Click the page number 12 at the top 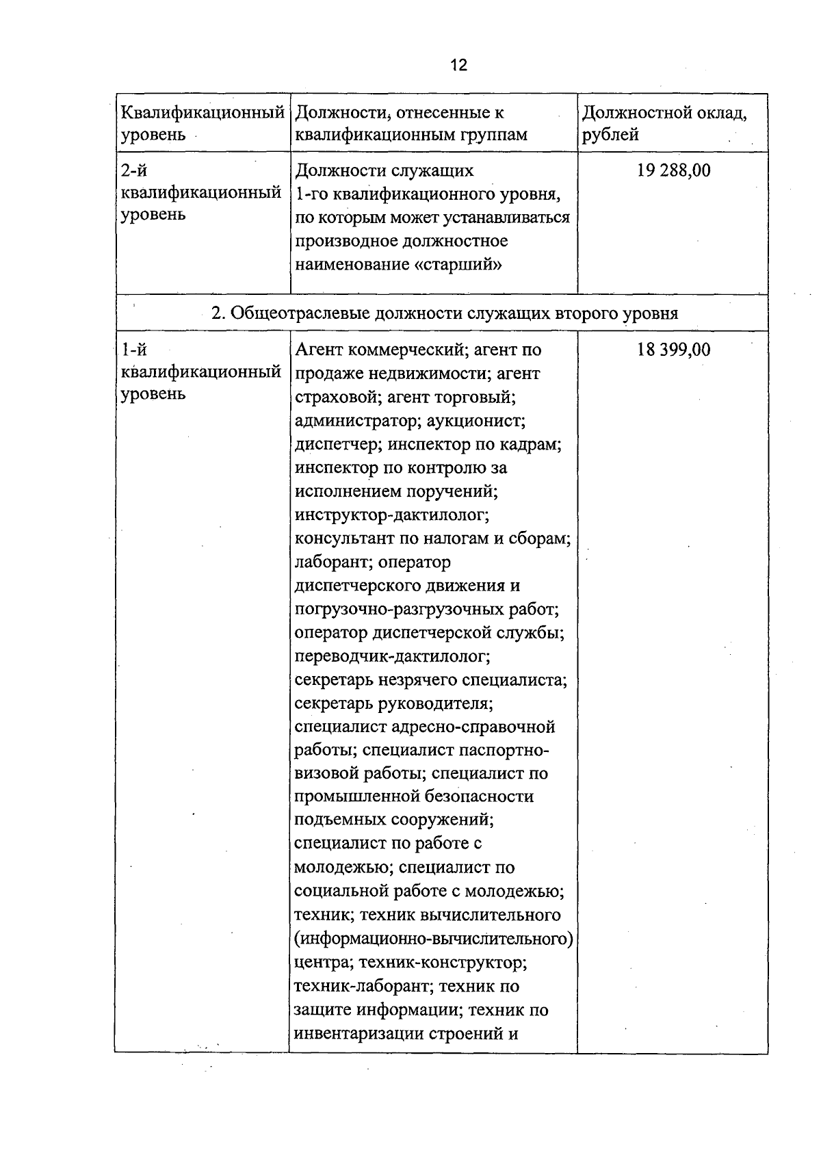[458, 65]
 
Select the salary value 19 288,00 [673, 170]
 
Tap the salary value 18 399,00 [673, 350]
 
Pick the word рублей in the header [610, 135]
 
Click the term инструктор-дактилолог [391, 515]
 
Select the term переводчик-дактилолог [392, 656]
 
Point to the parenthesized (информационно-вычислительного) [433, 938]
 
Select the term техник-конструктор [442, 962]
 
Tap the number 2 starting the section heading [217, 313]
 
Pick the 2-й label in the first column [134, 170]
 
